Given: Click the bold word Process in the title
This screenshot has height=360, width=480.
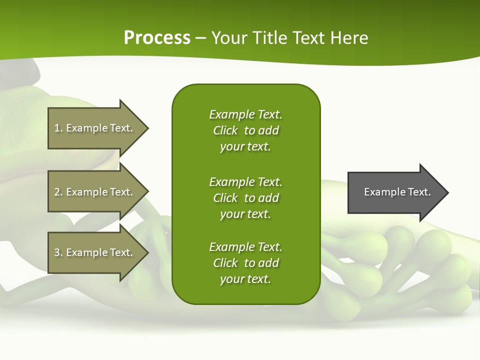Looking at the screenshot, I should [157, 38].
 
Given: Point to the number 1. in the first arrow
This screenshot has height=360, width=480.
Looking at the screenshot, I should [58, 128].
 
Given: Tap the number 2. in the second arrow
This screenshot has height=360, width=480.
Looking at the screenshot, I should [58, 192].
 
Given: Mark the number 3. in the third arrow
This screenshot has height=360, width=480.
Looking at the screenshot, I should [58, 252].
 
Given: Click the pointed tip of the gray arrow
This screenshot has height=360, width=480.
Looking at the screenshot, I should [446, 192].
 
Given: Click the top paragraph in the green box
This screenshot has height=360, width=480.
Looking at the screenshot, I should [245, 130].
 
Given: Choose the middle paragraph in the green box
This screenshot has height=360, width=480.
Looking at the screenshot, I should [245, 197].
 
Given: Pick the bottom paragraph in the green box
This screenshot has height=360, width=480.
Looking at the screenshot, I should [245, 263].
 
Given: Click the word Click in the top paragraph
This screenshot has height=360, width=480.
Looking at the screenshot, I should [225, 130].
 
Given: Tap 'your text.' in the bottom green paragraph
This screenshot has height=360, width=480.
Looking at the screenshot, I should [245, 279].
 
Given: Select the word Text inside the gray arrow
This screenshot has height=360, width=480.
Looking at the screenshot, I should [418, 192].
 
